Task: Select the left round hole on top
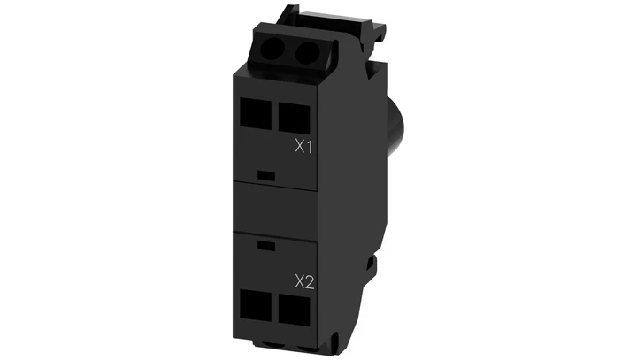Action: tap(272, 52)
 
